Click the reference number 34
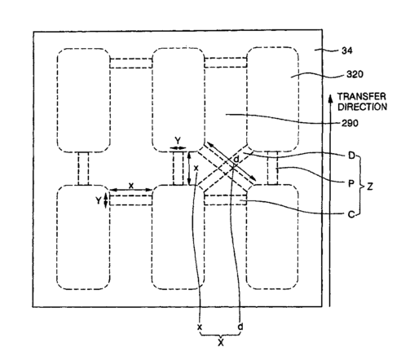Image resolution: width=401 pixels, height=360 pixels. coord(347,50)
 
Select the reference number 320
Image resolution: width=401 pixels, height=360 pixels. coord(355,74)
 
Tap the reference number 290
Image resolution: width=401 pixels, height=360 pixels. coord(350,124)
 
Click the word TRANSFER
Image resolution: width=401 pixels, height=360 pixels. coord(362,97)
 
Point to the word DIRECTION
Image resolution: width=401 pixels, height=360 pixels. coord(363,107)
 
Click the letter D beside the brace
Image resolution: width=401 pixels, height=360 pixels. coord(351,156)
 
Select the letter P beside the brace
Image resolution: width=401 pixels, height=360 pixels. coord(351,184)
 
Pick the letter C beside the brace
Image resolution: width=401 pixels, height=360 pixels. coord(351,215)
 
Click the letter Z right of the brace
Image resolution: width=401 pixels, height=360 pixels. coord(370,187)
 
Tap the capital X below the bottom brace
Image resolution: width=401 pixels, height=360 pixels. coord(221,343)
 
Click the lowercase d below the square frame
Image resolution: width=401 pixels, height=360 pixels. coord(240,327)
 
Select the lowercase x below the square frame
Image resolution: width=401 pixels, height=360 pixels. coord(200,327)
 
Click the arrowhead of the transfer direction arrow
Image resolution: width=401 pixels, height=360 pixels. coord(330,99)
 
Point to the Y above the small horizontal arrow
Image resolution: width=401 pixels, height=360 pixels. coord(178,141)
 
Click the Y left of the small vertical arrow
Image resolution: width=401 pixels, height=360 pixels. coord(99,200)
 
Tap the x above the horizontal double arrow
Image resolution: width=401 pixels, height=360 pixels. coord(131,186)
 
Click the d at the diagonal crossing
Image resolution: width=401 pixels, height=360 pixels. coord(236,159)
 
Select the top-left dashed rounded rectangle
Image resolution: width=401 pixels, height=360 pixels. coord(84,100)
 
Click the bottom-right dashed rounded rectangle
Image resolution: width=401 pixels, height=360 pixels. coord(272,237)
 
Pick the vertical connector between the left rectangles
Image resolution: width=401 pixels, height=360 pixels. coord(83,169)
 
